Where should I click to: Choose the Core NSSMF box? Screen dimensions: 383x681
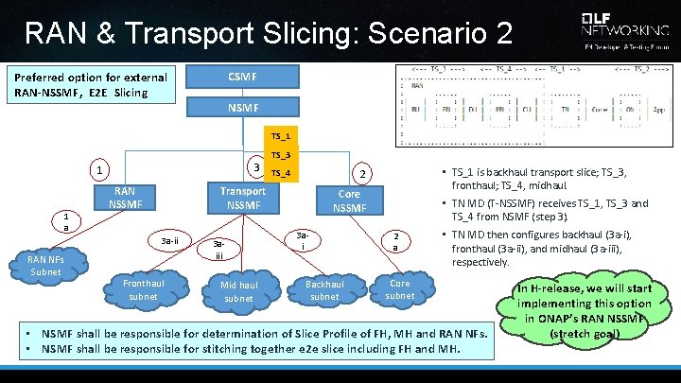coord(349,200)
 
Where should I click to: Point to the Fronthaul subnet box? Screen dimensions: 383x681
coord(144,289)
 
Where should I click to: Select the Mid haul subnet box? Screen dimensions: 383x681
coord(238,291)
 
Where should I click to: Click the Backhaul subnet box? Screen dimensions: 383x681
coord(324,290)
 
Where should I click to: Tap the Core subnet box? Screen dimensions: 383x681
coord(400,289)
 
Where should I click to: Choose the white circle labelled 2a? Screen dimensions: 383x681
coord(395,241)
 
